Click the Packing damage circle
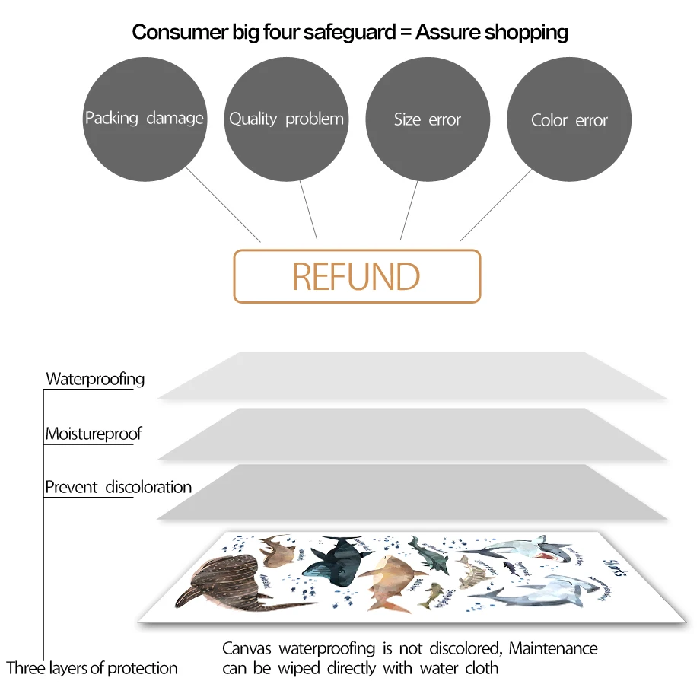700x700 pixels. pos(144,119)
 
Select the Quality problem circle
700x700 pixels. pos(286,119)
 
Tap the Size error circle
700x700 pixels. pos(428,119)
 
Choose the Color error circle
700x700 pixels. pos(569,120)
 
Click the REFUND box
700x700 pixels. pos(357,276)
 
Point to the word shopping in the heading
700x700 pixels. pos(527,32)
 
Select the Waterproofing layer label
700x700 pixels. pos(95,379)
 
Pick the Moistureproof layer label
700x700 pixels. pos(93,434)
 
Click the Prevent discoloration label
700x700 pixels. pos(118,487)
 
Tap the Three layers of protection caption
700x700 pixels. pos(92,669)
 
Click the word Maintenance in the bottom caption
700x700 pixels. pos(553,649)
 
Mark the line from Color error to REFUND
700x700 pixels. pos(495,205)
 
